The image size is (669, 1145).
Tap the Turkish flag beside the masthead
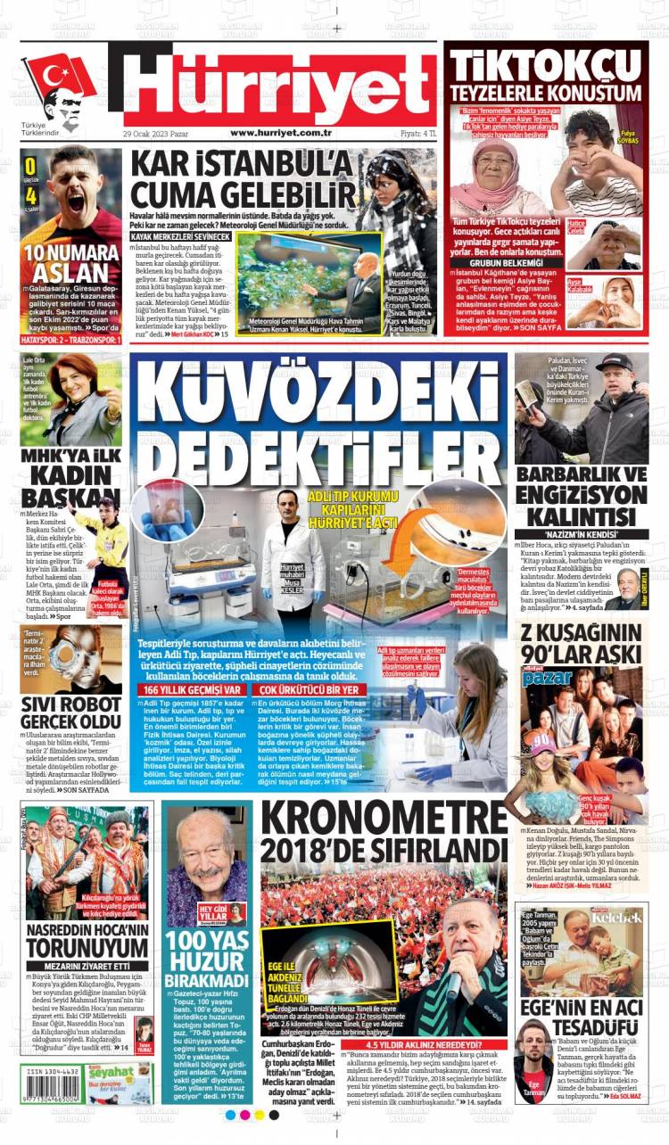[x=59, y=79]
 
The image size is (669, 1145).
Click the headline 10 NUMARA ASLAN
[x=71, y=264]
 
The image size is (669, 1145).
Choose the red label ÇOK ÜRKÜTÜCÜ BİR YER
[x=310, y=689]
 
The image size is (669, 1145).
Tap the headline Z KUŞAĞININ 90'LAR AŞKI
[x=582, y=646]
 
